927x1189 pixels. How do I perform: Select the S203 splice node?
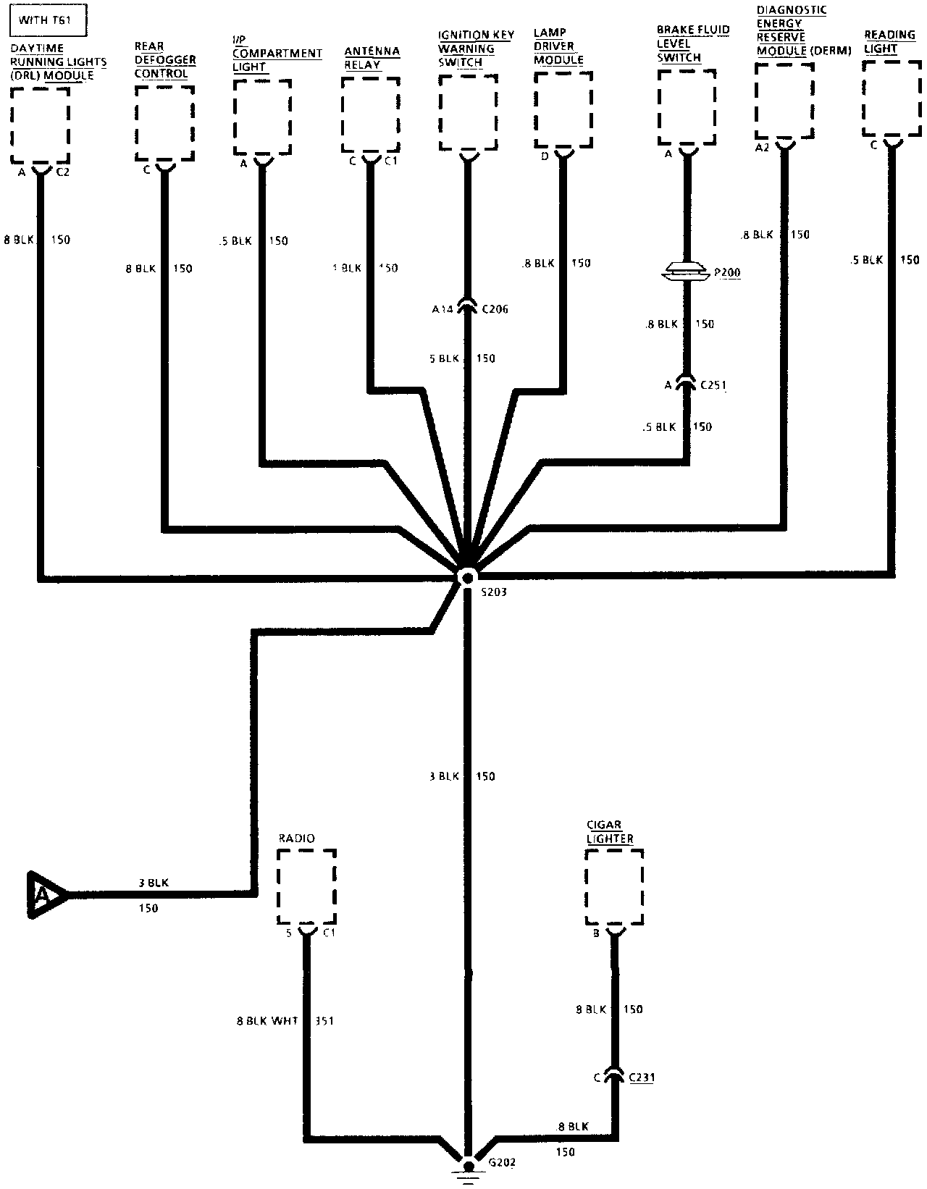pyautogui.click(x=467, y=577)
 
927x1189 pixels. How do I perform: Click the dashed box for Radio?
pyautogui.click(x=306, y=887)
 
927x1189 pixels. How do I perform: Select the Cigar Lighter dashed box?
pyautogui.click(x=614, y=887)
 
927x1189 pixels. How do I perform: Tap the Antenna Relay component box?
pyautogui.click(x=371, y=116)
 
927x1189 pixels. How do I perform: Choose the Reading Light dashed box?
pyautogui.click(x=892, y=99)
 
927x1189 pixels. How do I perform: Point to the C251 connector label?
pyautogui.click(x=713, y=385)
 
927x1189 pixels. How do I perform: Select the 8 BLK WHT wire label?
pyautogui.click(x=267, y=1021)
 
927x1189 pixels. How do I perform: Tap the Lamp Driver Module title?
pyautogui.click(x=558, y=47)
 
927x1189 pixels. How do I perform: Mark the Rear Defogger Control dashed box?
pyautogui.click(x=164, y=123)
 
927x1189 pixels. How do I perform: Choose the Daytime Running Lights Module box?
pyautogui.click(x=41, y=125)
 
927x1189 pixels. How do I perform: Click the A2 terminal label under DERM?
pyautogui.click(x=761, y=148)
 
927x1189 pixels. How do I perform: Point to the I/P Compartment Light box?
pyautogui.click(x=262, y=117)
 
